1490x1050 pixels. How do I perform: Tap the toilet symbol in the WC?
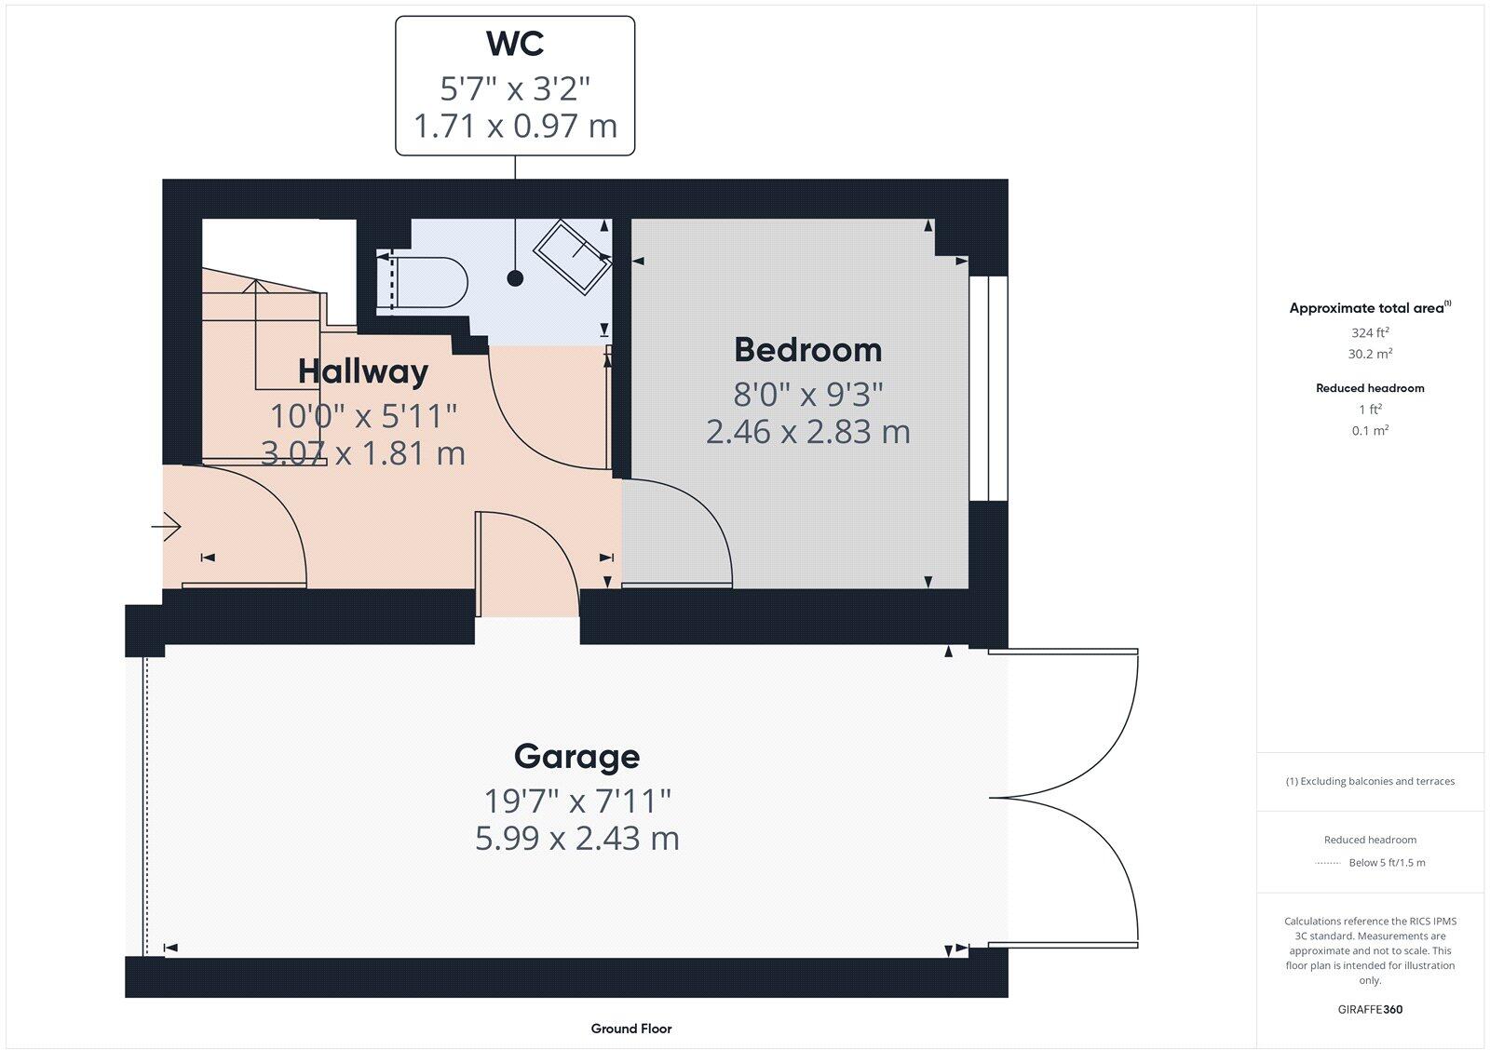pyautogui.click(x=425, y=282)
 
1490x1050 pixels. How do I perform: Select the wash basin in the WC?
pyautogui.click(x=572, y=257)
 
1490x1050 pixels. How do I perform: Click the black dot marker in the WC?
pyautogui.click(x=515, y=277)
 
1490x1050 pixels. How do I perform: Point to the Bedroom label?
pyautogui.click(x=807, y=350)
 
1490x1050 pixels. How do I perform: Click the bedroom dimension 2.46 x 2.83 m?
pyautogui.click(x=807, y=432)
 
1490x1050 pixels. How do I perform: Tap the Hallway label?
pyautogui.click(x=363, y=371)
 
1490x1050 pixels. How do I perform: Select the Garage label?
pyautogui.click(x=576, y=756)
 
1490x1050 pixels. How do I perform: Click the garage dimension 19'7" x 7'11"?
pyautogui.click(x=576, y=800)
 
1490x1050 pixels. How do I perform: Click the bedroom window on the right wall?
pyautogui.click(x=988, y=388)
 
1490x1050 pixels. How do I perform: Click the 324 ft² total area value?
pyautogui.click(x=1370, y=332)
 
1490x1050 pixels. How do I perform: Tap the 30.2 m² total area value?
pyautogui.click(x=1370, y=354)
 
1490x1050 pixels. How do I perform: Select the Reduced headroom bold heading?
pyautogui.click(x=1370, y=388)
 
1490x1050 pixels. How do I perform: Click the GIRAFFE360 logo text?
pyautogui.click(x=1369, y=1009)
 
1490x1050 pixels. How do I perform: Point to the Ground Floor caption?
pyautogui.click(x=630, y=1029)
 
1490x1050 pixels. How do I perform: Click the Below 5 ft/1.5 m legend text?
pyautogui.click(x=1387, y=863)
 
